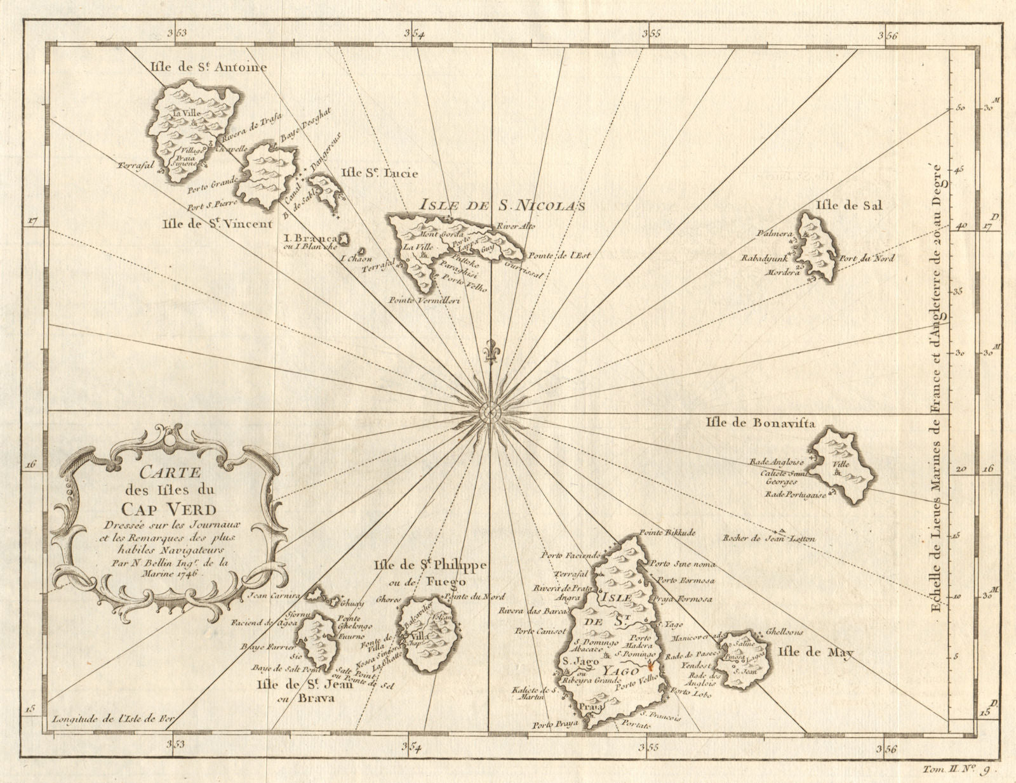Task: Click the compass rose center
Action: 492,412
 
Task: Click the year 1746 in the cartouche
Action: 186,572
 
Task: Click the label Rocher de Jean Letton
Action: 768,539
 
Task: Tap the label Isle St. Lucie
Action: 380,173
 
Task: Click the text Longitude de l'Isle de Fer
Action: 114,719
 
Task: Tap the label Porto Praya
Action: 555,723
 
